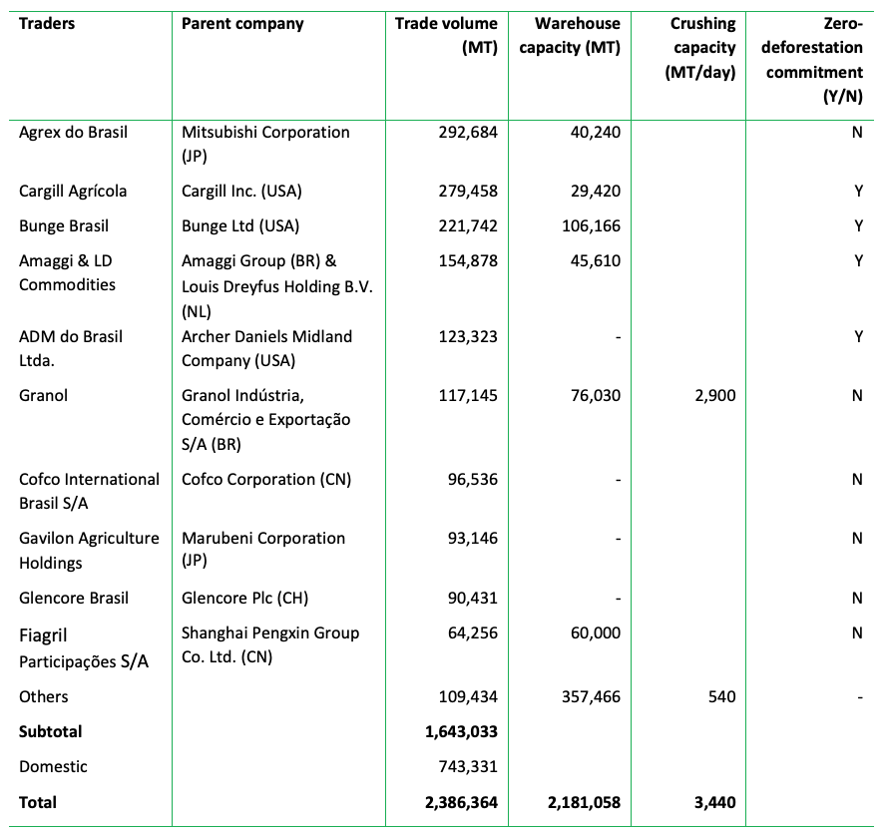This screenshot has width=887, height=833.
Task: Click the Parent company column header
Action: click(242, 24)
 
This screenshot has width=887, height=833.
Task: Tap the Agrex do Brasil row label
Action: click(74, 133)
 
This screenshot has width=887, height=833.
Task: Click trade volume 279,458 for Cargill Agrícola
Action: click(463, 192)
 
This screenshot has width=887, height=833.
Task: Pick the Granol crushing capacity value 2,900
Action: click(714, 396)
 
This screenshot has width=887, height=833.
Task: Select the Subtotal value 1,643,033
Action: click(454, 732)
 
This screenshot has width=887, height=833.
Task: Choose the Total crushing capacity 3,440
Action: click(714, 802)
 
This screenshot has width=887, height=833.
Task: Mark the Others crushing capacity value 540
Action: click(721, 697)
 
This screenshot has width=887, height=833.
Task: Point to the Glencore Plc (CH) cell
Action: click(245, 599)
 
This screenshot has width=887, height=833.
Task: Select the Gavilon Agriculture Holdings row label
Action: click(89, 551)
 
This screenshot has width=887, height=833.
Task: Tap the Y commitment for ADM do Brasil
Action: click(858, 337)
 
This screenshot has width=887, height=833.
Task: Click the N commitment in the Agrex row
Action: click(857, 133)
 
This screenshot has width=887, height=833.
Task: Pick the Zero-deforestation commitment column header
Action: click(814, 60)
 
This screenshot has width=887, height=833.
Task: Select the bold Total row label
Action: click(38, 802)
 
